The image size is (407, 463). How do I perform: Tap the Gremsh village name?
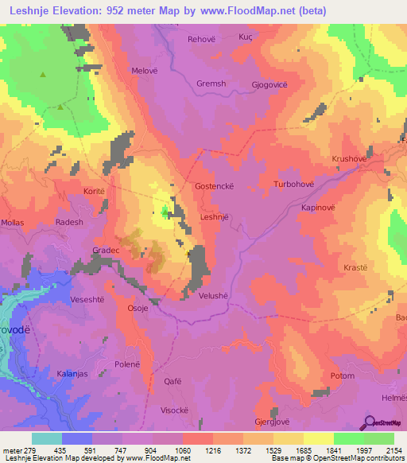tap(211, 84)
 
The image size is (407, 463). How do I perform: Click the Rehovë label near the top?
tap(201, 39)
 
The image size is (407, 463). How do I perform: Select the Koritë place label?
tap(95, 192)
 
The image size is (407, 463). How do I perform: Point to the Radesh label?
tap(69, 223)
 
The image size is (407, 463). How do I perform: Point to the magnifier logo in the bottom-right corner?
tap(370, 422)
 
